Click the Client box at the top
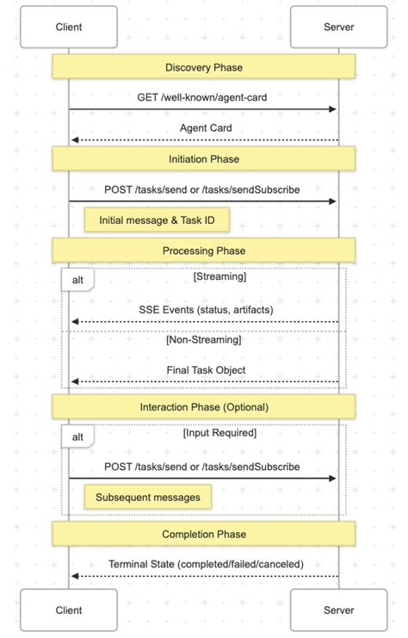(69, 27)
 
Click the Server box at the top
(338, 27)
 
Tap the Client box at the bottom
(69, 610)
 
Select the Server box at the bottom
(338, 610)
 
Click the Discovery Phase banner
(204, 67)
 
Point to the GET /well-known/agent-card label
(203, 97)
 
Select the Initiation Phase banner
(204, 158)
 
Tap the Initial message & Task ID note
(151, 220)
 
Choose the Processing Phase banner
(204, 251)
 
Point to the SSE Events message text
(203, 309)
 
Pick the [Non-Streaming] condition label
(203, 339)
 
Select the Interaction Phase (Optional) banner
(204, 406)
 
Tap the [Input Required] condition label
(219, 433)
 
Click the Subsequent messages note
(147, 497)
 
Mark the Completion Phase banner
(204, 534)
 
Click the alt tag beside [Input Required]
(77, 437)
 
